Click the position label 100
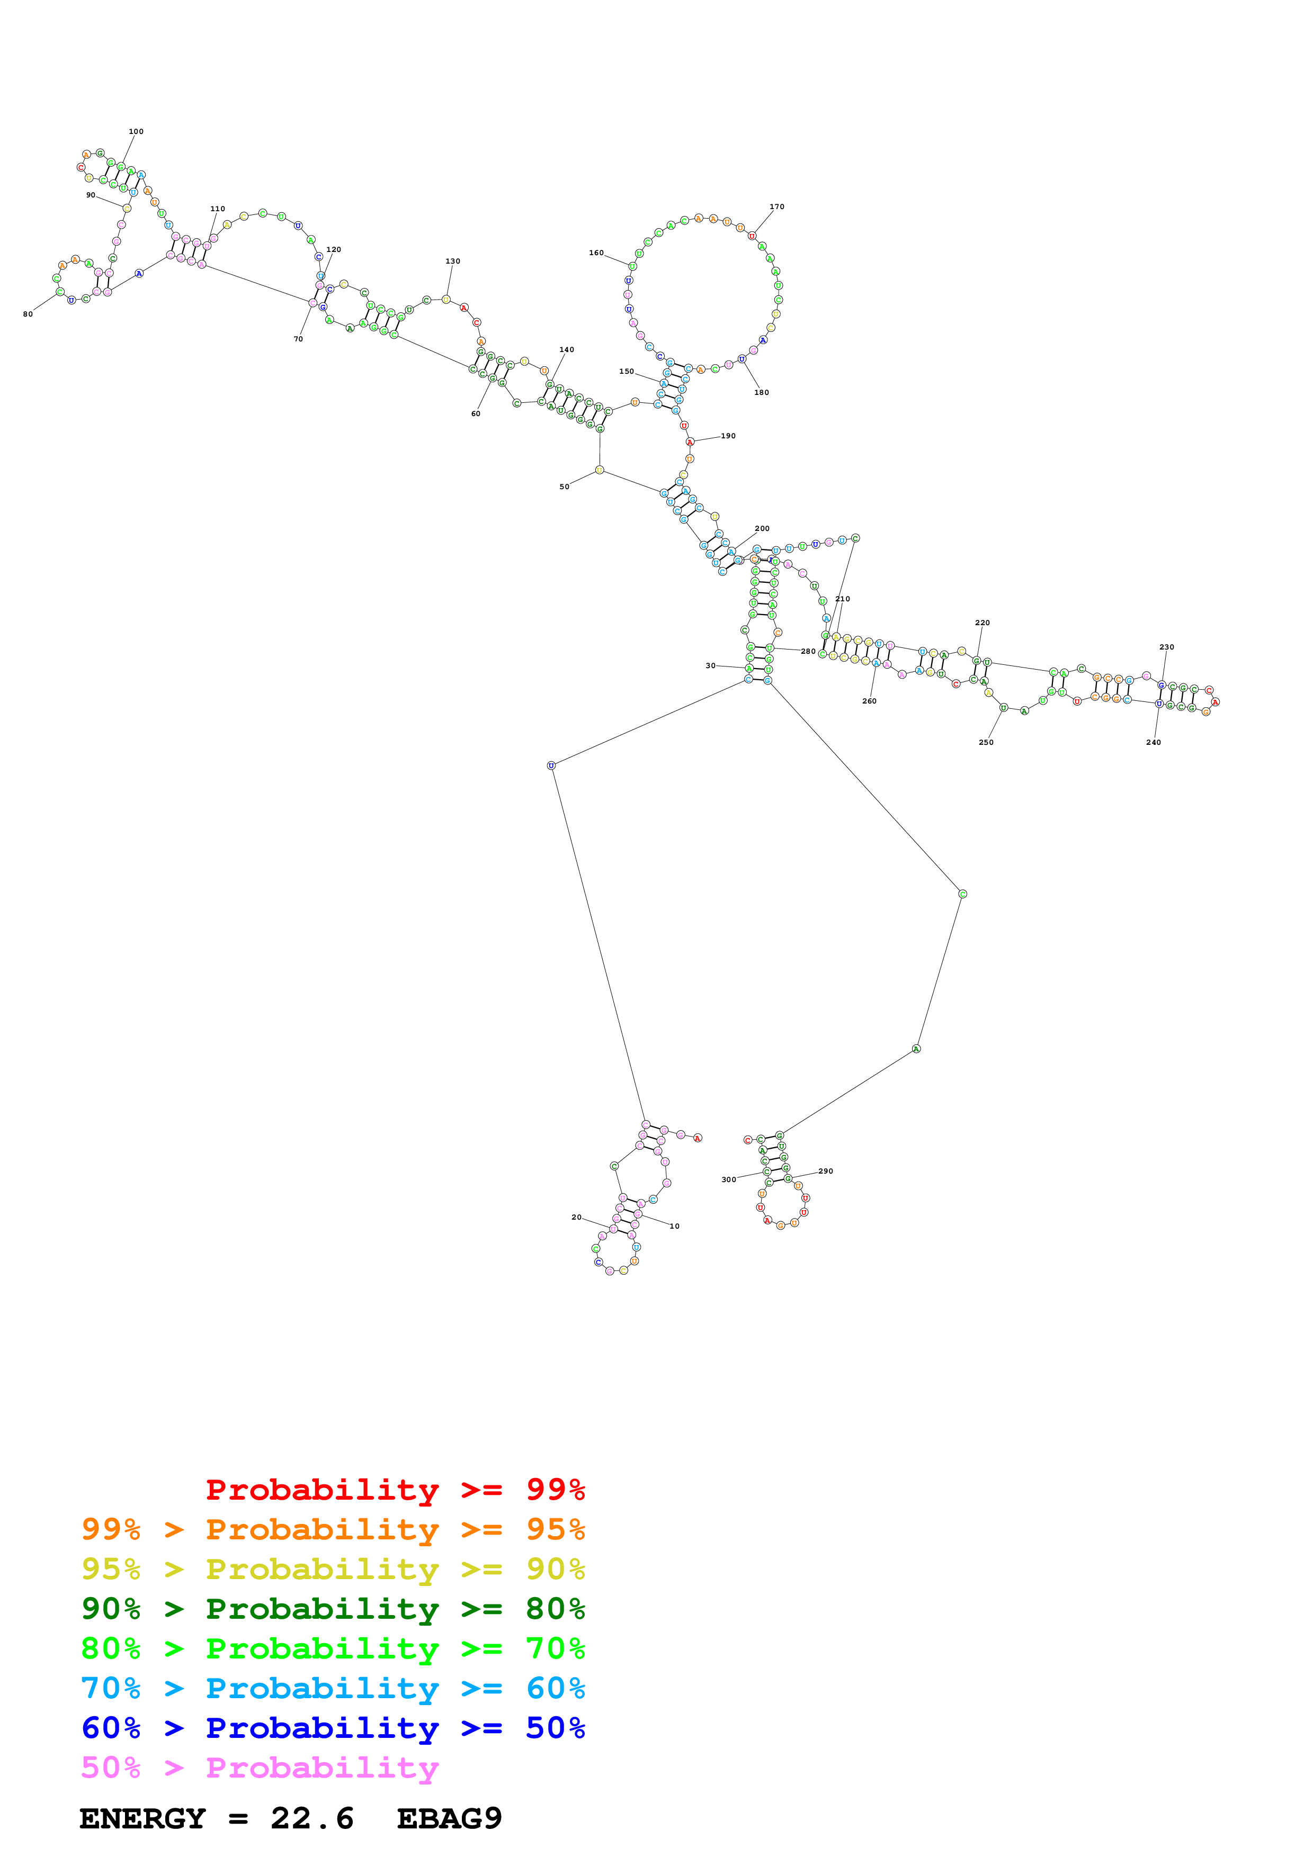pyautogui.click(x=136, y=131)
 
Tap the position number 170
pyautogui.click(x=776, y=206)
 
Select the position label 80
pyautogui.click(x=28, y=314)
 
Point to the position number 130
pyautogui.click(x=452, y=262)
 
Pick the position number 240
pyautogui.click(x=1153, y=742)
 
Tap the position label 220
pyautogui.click(x=982, y=623)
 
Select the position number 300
pyautogui.click(x=728, y=1179)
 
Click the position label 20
pyautogui.click(x=576, y=1216)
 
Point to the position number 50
pyautogui.click(x=564, y=487)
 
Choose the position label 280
pyautogui.click(x=807, y=651)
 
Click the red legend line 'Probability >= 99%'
pyautogui.click(x=395, y=1490)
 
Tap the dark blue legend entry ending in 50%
pyautogui.click(x=333, y=1728)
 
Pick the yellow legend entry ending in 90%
pyautogui.click(x=333, y=1569)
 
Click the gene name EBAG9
pyautogui.click(x=449, y=1819)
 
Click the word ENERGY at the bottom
pyautogui.click(x=142, y=1819)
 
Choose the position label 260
pyautogui.click(x=869, y=701)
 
